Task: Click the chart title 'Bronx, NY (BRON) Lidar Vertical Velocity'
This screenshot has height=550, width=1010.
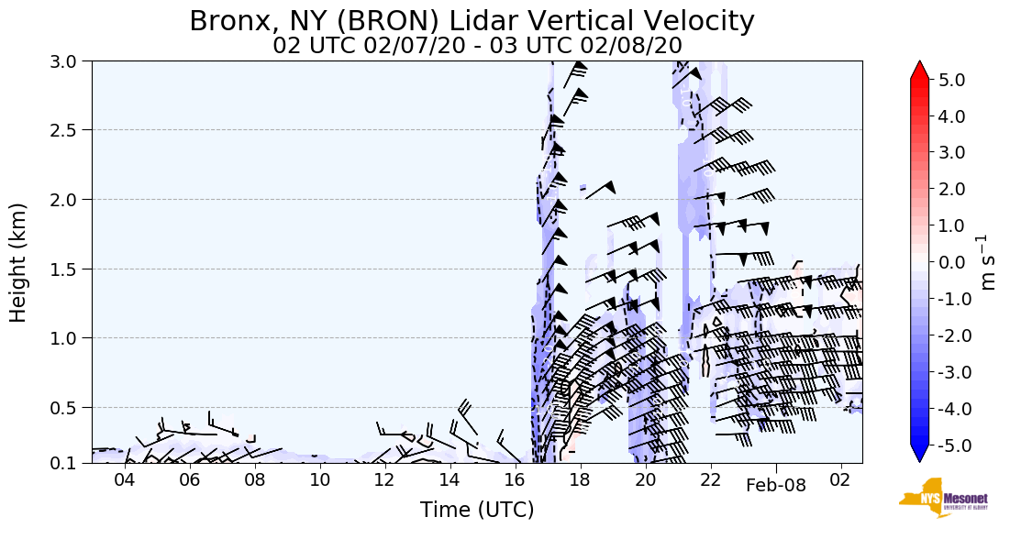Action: (x=472, y=21)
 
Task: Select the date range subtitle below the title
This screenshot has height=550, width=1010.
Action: (x=477, y=46)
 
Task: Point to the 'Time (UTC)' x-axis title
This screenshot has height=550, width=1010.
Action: (x=477, y=510)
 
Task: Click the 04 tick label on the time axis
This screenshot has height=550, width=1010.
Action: (x=124, y=479)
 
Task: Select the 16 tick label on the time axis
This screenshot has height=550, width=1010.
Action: (x=515, y=479)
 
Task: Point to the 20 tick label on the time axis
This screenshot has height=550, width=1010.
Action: (x=645, y=479)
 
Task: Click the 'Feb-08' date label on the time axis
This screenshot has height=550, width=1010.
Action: (x=775, y=486)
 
